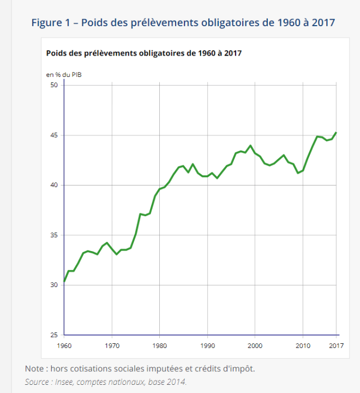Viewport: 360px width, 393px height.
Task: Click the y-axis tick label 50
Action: point(53,85)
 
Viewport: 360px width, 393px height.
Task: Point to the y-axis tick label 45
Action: point(53,135)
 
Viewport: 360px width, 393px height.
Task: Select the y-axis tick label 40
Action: point(53,185)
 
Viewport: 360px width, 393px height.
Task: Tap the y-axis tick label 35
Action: point(53,235)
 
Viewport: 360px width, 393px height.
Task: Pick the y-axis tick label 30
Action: point(53,285)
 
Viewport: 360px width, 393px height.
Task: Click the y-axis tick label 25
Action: point(53,335)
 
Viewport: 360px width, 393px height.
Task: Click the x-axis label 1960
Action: point(64,346)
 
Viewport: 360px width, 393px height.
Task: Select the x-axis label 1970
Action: point(112,346)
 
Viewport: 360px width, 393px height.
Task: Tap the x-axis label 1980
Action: point(160,346)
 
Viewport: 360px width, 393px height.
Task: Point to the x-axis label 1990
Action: point(208,346)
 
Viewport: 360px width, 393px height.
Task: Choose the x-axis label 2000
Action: point(255,346)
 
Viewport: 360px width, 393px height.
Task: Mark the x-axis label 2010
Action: point(303,346)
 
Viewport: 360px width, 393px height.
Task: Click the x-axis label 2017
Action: point(336,346)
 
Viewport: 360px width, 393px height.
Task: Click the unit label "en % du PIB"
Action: point(64,74)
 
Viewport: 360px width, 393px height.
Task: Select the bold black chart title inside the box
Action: point(144,53)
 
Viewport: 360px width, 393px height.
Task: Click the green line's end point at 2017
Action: point(336,133)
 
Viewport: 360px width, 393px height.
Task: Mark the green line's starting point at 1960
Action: point(64,282)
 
